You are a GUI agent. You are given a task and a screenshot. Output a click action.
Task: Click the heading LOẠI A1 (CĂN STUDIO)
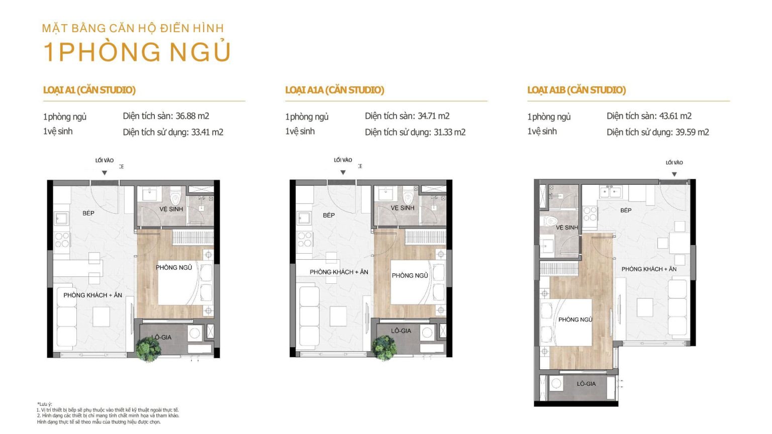click(x=89, y=90)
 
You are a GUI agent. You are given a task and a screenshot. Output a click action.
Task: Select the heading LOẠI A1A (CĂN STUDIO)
click(x=335, y=90)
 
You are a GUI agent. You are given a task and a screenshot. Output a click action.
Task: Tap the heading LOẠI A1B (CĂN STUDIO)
click(x=576, y=90)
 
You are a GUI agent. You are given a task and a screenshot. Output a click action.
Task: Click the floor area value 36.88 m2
click(x=192, y=116)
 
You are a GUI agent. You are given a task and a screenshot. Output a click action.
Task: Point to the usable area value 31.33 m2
click(x=449, y=132)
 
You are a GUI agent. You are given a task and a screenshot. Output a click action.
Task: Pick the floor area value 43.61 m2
click(x=675, y=116)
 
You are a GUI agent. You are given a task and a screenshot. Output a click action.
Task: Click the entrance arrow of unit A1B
click(x=674, y=174)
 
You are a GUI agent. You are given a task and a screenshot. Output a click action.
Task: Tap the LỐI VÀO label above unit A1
click(x=105, y=161)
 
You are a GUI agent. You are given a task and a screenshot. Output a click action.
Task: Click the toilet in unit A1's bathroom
click(x=175, y=196)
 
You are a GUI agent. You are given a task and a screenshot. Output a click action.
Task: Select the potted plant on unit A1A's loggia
click(x=384, y=348)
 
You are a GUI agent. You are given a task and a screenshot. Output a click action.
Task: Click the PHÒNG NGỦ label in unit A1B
click(x=575, y=319)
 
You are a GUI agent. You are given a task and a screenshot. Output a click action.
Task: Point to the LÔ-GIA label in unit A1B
click(x=586, y=384)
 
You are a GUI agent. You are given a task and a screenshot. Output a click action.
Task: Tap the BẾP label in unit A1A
click(x=329, y=215)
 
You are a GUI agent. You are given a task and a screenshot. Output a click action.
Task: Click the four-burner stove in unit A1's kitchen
click(x=62, y=240)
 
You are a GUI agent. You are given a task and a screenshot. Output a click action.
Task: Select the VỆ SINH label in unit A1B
click(x=567, y=228)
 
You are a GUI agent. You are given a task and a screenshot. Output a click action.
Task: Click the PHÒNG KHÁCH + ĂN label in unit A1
click(x=92, y=295)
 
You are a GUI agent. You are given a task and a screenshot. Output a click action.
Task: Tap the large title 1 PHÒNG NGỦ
click(x=137, y=52)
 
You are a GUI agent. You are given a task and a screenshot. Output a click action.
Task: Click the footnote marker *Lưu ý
click(x=44, y=404)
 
